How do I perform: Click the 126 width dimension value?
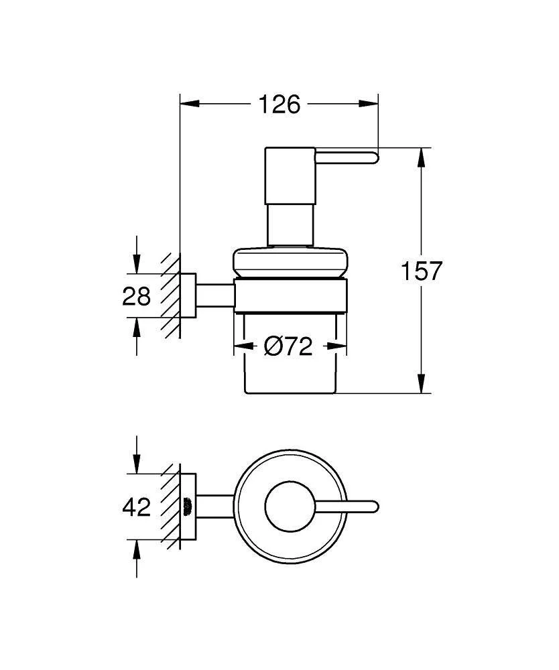click(279, 105)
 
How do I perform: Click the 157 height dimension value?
click(422, 271)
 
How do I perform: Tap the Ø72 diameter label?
click(289, 346)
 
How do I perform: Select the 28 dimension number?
click(137, 295)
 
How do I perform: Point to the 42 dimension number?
click(137, 507)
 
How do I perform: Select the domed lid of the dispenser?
click(290, 262)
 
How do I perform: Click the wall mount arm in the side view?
click(214, 295)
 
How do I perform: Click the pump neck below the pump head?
click(290, 226)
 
